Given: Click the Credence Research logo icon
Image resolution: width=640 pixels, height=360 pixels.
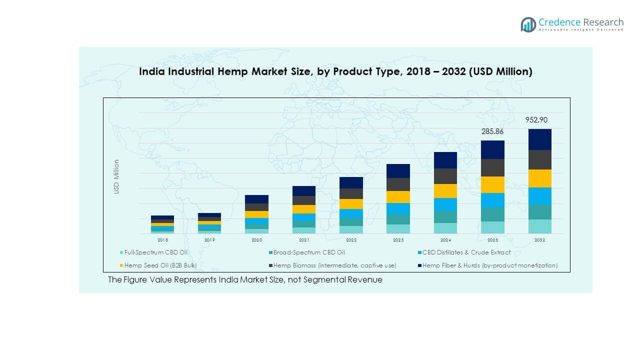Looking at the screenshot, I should [x=528, y=24].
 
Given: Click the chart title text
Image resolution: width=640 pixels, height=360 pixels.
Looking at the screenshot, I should [x=335, y=71].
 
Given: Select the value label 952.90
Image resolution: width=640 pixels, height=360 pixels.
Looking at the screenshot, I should [x=539, y=120].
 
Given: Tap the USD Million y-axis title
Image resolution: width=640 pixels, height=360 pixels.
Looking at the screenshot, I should [x=116, y=176].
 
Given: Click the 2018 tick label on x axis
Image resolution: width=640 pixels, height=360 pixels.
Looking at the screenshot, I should [x=162, y=240].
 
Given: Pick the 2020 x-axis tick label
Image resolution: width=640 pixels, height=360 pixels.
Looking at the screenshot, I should [x=256, y=240].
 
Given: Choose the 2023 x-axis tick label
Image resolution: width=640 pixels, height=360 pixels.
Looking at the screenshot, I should [x=398, y=240].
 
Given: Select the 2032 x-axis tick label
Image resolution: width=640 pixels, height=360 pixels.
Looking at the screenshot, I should [x=539, y=240].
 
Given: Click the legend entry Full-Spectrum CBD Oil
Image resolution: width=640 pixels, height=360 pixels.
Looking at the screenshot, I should [x=155, y=252].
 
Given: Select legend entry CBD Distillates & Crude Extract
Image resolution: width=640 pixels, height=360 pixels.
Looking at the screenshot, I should [x=466, y=252].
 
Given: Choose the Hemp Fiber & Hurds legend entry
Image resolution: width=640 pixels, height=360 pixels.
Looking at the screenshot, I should [x=489, y=265].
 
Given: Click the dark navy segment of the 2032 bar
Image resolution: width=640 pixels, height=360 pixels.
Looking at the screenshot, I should [x=539, y=139].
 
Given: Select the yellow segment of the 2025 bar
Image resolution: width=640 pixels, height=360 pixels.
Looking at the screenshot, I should [x=492, y=184].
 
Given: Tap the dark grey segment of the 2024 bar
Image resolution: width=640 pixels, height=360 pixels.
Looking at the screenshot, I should [x=445, y=176].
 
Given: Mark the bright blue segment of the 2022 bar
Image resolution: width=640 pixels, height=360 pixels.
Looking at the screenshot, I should [x=351, y=213].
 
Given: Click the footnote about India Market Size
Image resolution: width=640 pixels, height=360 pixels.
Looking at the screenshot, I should [x=245, y=279].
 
